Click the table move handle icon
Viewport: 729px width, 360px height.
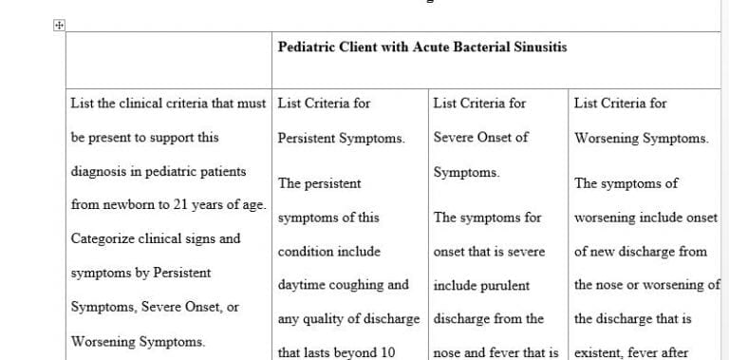59,28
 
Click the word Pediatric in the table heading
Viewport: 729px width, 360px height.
306,47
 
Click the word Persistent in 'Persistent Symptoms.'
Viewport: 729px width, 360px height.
308,138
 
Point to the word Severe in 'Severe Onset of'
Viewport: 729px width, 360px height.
454,138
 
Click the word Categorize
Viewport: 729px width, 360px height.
103,238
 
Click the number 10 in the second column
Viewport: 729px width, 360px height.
385,352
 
